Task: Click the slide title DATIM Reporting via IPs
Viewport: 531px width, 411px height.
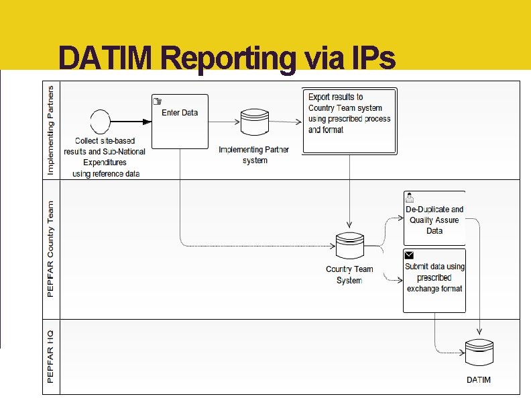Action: (227, 59)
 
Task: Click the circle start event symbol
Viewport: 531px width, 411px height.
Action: (100, 122)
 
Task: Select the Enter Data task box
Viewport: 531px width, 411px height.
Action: (180, 121)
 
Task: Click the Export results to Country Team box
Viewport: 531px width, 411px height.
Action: (349, 115)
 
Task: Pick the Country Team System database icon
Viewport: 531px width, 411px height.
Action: (349, 246)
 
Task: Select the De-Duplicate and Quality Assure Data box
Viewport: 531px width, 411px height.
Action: (434, 219)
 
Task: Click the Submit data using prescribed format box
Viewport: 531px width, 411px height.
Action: (434, 280)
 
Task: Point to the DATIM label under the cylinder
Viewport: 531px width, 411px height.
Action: (479, 379)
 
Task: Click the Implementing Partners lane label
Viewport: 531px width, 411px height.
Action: (52, 129)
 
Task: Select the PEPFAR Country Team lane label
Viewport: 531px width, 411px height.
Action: (52, 249)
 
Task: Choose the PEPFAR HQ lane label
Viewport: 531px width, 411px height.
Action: (52, 356)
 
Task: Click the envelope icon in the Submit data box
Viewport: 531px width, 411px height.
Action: (410, 255)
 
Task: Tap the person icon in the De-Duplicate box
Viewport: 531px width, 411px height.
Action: (410, 198)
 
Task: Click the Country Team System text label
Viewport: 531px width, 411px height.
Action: (349, 275)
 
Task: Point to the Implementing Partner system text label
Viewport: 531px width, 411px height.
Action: (254, 154)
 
